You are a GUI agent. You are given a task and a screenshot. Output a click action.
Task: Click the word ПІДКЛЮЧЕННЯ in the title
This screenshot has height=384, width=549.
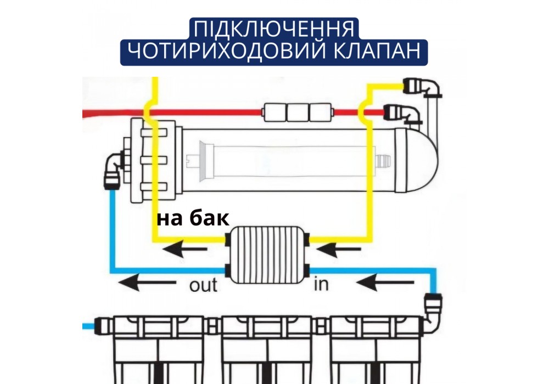click(273, 29)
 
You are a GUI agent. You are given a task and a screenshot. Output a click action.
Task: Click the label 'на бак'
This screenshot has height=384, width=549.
click(193, 218)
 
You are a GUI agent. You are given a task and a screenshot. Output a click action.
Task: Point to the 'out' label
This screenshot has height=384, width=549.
click(203, 285)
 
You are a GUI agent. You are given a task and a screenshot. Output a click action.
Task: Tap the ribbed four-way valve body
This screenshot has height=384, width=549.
click(267, 255)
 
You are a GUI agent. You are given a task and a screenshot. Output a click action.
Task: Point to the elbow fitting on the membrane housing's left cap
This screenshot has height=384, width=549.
click(113, 165)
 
